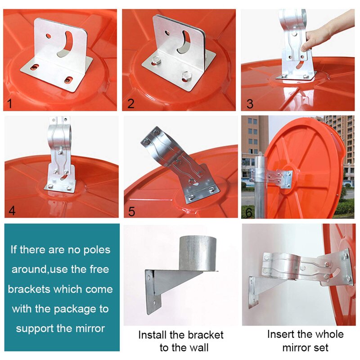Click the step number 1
tap(9, 104)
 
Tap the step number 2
tap(131, 104)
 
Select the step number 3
tap(250, 104)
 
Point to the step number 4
tap(12, 211)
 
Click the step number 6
tap(248, 212)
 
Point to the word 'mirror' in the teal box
tap(88, 328)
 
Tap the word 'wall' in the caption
tap(198, 347)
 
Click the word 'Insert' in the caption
tap(281, 334)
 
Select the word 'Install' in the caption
tap(153, 335)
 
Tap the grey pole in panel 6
tap(259, 189)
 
